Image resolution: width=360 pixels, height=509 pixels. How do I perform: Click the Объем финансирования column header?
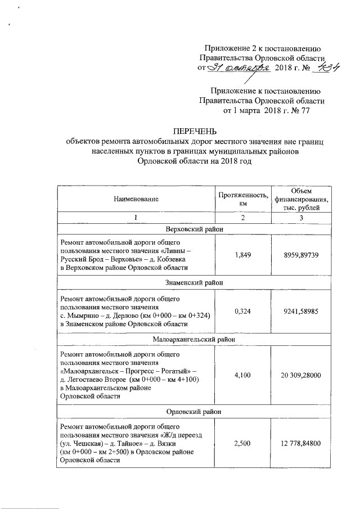coord(302,199)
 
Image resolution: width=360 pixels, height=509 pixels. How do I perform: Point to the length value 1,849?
coord(242,255)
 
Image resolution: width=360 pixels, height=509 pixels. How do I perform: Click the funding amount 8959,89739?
coord(302,255)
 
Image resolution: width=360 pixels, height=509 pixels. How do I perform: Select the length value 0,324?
coord(242,311)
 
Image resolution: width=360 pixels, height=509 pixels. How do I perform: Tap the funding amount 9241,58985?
coord(302,311)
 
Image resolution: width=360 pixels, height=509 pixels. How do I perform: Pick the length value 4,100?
coord(242,375)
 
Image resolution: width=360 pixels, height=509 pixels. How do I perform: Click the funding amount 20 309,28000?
coord(302,375)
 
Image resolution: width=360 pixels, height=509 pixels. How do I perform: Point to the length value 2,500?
coord(242,443)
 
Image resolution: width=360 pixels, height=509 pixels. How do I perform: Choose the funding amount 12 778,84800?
coord(302,443)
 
